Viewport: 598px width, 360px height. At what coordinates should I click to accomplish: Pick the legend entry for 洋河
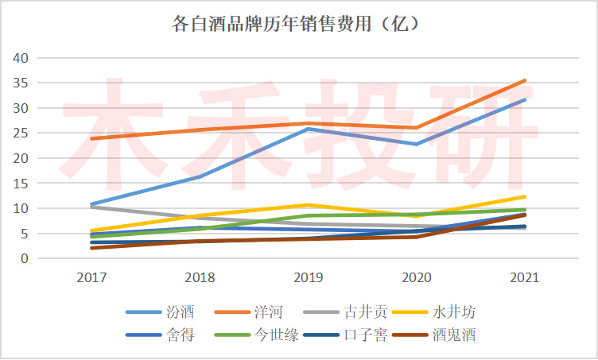coord(269,312)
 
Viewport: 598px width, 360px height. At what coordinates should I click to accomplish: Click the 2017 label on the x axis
coord(92,278)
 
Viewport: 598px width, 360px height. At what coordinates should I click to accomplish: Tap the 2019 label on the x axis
coord(308,278)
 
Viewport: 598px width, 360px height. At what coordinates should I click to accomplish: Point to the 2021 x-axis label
coord(524,278)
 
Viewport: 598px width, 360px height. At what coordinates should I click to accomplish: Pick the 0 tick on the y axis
coord(25,259)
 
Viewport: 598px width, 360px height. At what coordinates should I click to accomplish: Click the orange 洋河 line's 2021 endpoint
coord(525,80)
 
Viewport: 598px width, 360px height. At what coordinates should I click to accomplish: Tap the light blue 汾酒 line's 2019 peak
coord(309,129)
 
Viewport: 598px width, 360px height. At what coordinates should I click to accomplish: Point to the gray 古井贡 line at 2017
coord(92,207)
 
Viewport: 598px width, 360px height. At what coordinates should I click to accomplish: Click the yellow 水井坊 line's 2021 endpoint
coord(525,196)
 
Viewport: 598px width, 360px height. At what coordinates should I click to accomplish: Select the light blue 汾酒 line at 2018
coord(200,176)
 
